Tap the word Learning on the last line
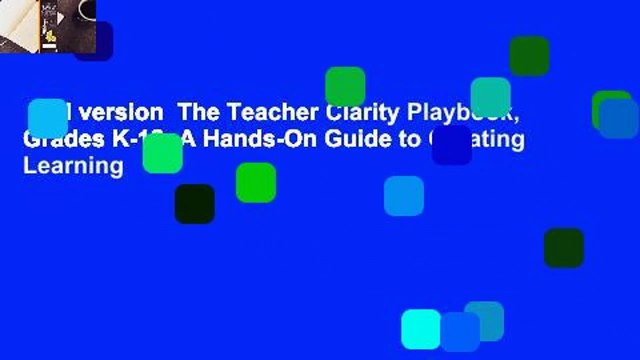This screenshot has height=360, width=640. click(73, 165)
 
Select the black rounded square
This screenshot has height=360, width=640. click(194, 203)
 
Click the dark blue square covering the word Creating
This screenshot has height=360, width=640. click(451, 144)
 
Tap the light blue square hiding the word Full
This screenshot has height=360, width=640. click(47, 118)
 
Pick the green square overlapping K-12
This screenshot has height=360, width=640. click(162, 153)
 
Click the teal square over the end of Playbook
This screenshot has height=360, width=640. click(490, 97)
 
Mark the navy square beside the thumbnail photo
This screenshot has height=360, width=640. click(93, 41)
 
